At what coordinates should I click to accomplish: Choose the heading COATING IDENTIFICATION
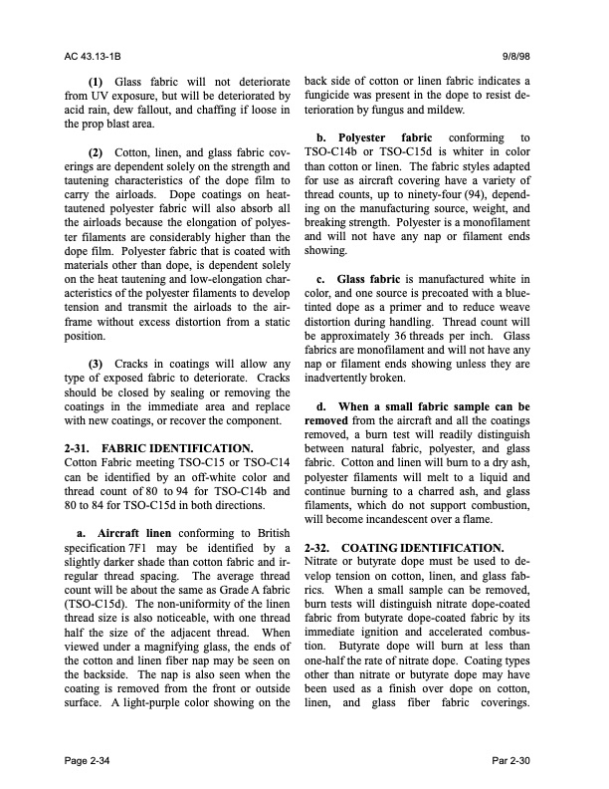tap(428, 547)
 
